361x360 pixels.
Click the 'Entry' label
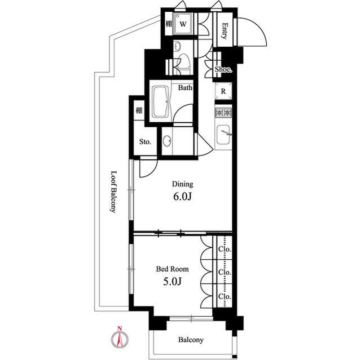pos(224,31)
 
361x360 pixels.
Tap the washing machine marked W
pos(183,24)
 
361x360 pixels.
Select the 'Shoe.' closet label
pos(223,69)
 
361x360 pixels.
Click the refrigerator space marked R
pos(223,91)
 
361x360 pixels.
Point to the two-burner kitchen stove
pos(223,113)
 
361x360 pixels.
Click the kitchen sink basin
pos(223,135)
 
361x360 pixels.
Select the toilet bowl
pos(183,63)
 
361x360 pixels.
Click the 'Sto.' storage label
pos(146,141)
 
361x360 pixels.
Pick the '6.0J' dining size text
pos(182,197)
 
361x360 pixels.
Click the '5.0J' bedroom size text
pos(173,281)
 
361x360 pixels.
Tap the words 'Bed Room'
pos(173,269)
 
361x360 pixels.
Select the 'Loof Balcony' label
pos(113,192)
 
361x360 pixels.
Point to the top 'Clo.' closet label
pos(224,249)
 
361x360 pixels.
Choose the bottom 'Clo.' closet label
pos(224,296)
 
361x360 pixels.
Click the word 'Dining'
pos(183,184)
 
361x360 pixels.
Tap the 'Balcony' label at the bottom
pos(191,340)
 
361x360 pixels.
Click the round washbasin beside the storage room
pos(167,140)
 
